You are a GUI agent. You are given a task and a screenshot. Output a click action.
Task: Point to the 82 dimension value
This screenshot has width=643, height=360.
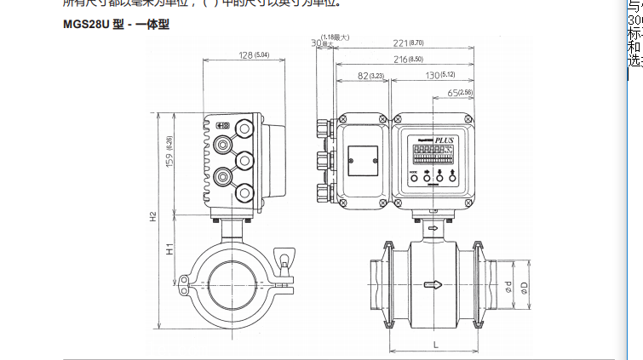pos(364,77)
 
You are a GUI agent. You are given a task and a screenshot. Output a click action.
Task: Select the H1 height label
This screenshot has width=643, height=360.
pos(169,250)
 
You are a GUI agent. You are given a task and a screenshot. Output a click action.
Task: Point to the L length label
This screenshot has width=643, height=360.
pos(434,343)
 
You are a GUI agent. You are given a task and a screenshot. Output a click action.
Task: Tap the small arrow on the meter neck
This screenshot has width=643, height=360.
pos(433,229)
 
